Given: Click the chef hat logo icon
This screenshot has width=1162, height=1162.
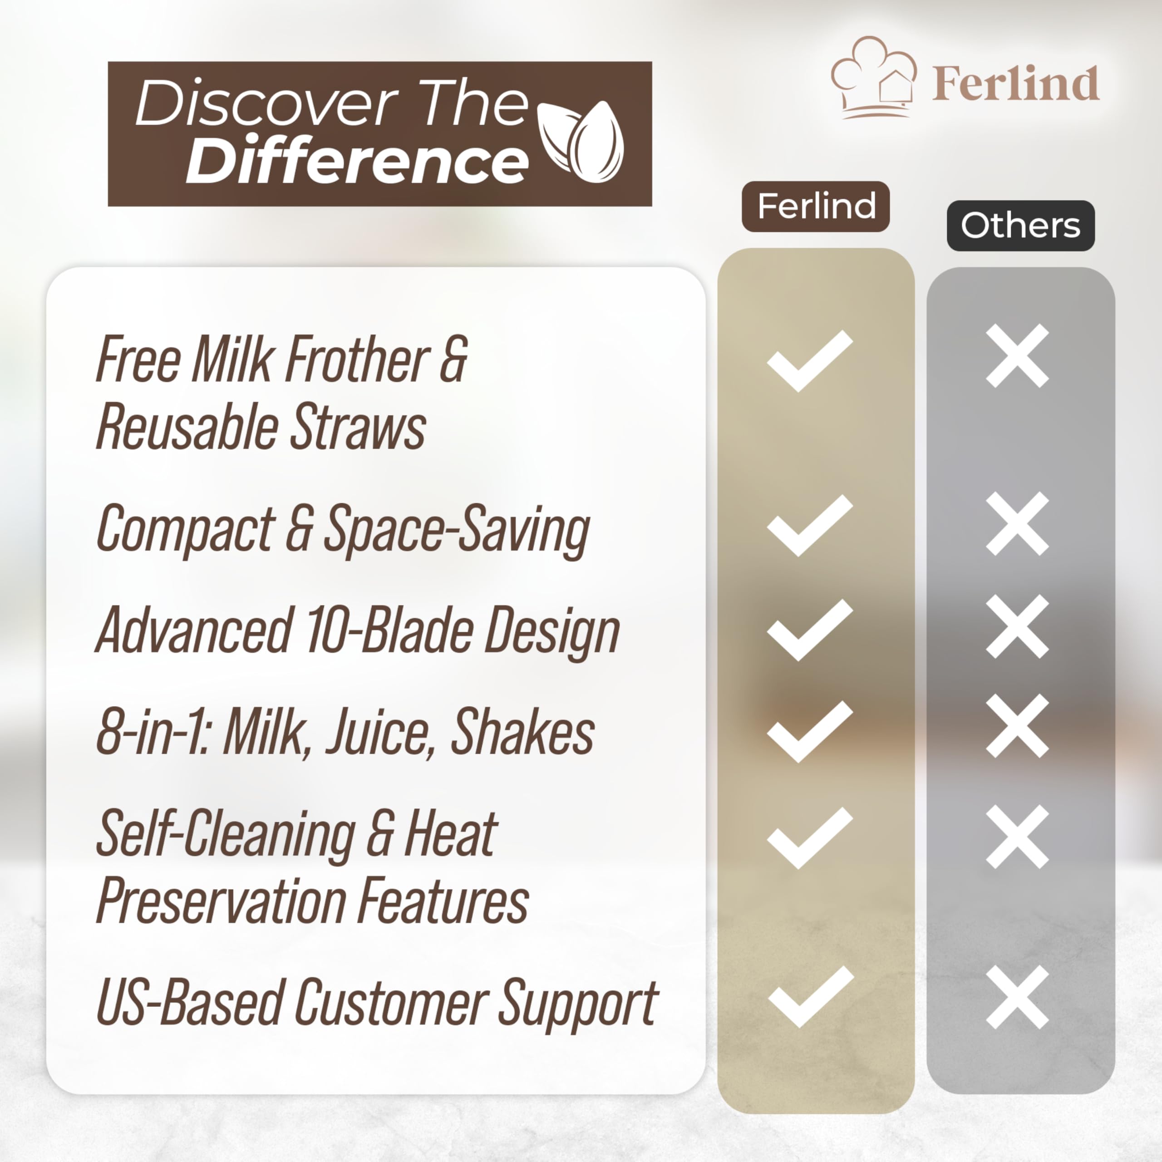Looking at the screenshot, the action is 874,77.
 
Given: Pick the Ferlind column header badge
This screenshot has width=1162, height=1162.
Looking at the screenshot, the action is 816,206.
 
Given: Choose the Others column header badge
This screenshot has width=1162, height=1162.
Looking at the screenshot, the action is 1021,226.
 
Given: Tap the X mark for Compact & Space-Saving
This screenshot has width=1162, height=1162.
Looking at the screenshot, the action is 1017,523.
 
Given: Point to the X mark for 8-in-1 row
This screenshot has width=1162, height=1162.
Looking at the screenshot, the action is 1017,725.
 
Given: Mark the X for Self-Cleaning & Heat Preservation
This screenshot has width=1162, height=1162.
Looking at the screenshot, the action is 1017,837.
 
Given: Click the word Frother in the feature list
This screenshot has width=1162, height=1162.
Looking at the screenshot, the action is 357,359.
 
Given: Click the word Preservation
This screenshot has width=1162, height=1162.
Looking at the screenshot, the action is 221,901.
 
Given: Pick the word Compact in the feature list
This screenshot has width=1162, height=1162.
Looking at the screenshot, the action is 185,529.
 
